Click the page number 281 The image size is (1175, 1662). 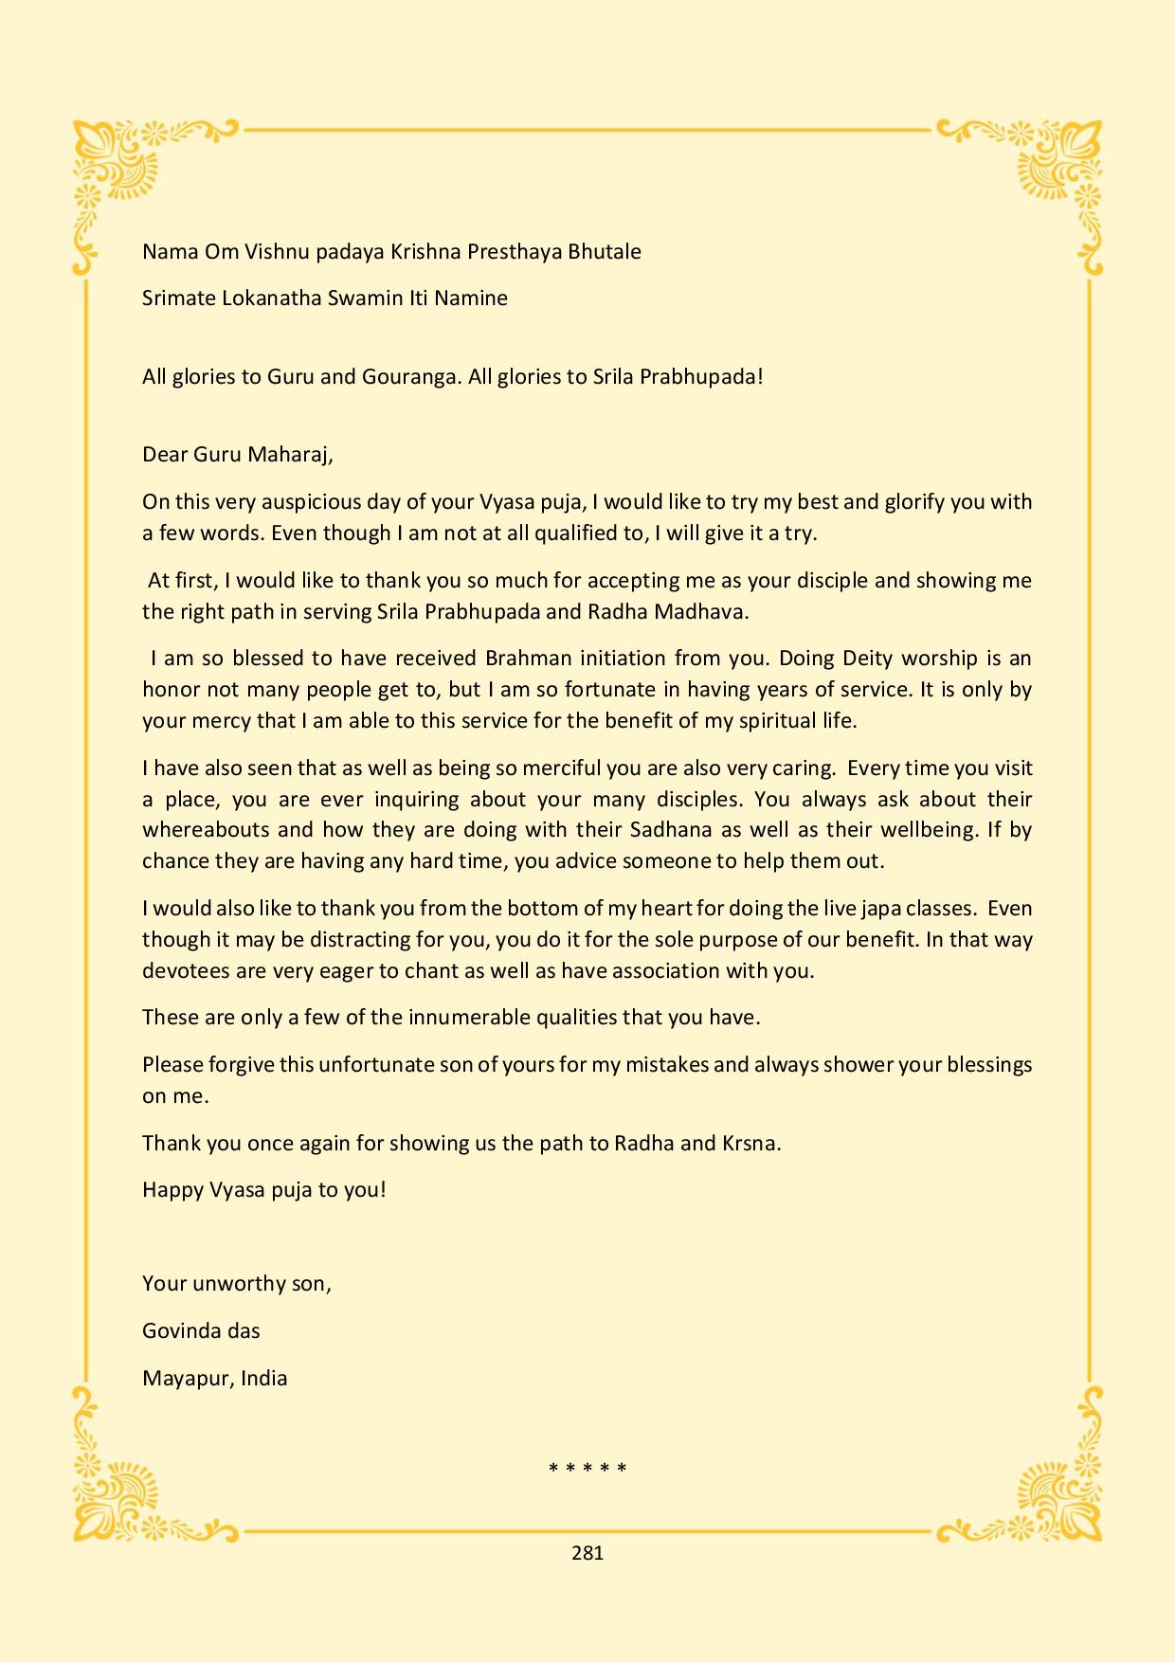tap(587, 1553)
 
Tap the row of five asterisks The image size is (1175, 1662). tap(587, 1470)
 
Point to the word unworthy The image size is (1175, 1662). tap(239, 1284)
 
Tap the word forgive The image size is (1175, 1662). tap(241, 1065)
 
